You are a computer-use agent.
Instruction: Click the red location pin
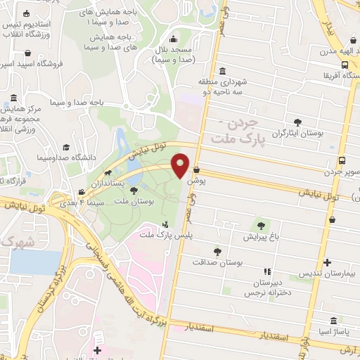[x=181, y=166]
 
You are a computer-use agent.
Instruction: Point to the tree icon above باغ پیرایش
[x=261, y=225]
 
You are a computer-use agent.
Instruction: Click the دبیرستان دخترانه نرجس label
[x=265, y=287]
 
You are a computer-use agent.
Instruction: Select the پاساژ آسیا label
[x=326, y=330]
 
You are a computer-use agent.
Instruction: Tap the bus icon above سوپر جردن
[x=341, y=160]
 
